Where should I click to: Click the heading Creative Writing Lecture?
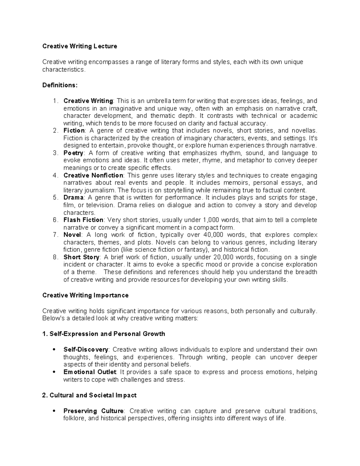(79, 46)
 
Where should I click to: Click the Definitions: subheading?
(60, 85)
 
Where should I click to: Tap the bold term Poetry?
(73, 153)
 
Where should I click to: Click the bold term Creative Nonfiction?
(93, 175)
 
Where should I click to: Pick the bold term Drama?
(73, 197)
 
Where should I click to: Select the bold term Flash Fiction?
(83, 220)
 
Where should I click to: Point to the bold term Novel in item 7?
(72, 235)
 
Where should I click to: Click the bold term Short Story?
(81, 257)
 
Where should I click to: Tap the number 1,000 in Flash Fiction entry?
(211, 220)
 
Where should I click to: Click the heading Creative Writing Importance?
(85, 295)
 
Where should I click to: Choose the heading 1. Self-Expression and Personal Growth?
(104, 334)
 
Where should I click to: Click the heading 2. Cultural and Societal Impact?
(89, 395)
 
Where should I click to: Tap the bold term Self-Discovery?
(86, 350)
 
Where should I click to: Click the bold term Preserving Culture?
(93, 411)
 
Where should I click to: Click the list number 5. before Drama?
(55, 197)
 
